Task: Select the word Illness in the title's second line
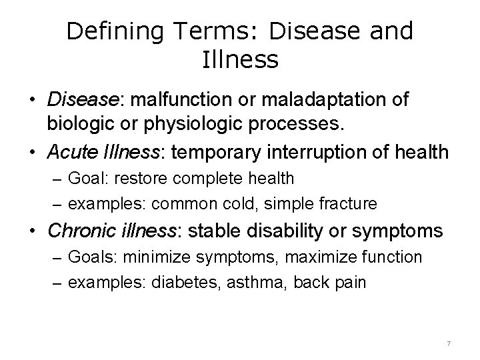pos(239,61)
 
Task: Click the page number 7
pos(449,343)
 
